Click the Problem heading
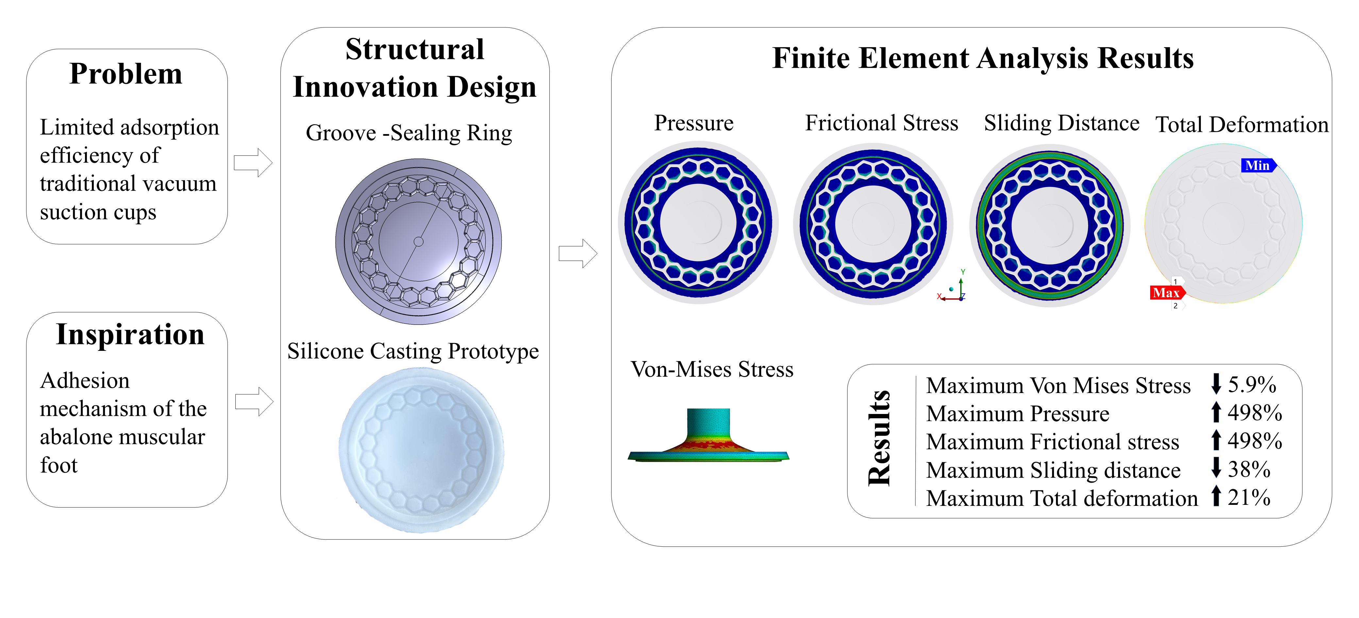tap(126, 74)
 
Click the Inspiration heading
tap(130, 335)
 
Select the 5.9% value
tap(1251, 385)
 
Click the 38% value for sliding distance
tap(1249, 469)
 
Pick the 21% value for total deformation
tap(1249, 497)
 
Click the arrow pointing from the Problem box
tap(253, 163)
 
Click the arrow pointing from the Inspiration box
tap(254, 402)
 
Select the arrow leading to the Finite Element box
tap(578, 253)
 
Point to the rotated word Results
tap(879, 438)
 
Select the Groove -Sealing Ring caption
tap(409, 133)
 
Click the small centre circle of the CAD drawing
tap(418, 242)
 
